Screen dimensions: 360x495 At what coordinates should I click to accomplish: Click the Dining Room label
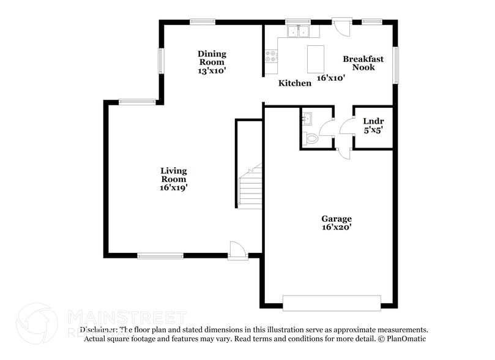pyautogui.click(x=212, y=58)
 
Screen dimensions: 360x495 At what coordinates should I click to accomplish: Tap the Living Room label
pyautogui.click(x=174, y=174)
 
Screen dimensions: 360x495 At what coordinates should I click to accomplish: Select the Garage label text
pyautogui.click(x=337, y=219)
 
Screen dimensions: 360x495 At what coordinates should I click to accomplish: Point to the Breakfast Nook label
pyautogui.click(x=363, y=63)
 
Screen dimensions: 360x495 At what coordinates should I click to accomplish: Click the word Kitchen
pyautogui.click(x=295, y=83)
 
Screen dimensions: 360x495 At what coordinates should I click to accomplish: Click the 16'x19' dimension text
pyautogui.click(x=174, y=188)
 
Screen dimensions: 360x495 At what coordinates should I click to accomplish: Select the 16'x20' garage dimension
pyautogui.click(x=337, y=228)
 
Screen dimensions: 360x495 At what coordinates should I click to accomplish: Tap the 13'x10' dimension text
pyautogui.click(x=212, y=71)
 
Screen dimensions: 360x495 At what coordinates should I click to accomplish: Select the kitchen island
pyautogui.click(x=315, y=58)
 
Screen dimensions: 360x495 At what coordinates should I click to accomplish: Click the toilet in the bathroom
pyautogui.click(x=311, y=139)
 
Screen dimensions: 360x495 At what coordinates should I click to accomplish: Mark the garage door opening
pyautogui.click(x=331, y=301)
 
